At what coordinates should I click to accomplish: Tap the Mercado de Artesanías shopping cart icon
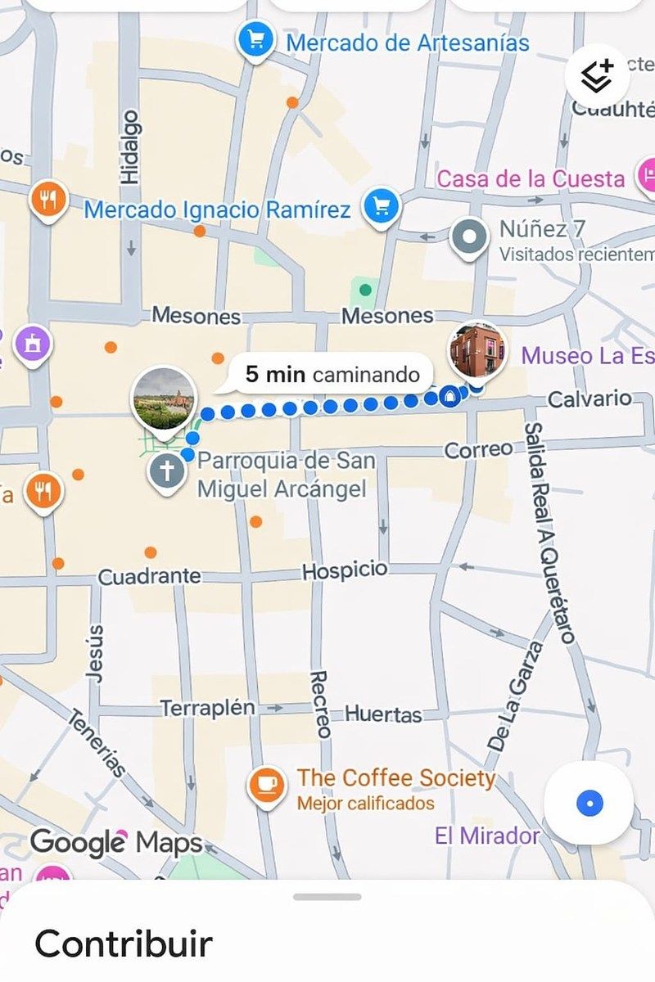pyautogui.click(x=255, y=39)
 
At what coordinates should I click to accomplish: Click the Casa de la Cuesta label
pyautogui.click(x=531, y=178)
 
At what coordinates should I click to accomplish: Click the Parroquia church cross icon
pyautogui.click(x=166, y=472)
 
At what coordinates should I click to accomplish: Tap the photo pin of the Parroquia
pyautogui.click(x=164, y=399)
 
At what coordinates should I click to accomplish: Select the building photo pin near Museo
pyautogui.click(x=477, y=350)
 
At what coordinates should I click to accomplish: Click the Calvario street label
pyautogui.click(x=589, y=399)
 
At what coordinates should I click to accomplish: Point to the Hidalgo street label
pyautogui.click(x=130, y=147)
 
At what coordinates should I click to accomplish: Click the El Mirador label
pyautogui.click(x=487, y=836)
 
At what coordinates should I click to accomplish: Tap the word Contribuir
pyautogui.click(x=123, y=943)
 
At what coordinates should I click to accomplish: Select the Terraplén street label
pyautogui.click(x=207, y=708)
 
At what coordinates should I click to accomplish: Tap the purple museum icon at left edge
pyautogui.click(x=33, y=344)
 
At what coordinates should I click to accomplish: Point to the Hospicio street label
pyautogui.click(x=345, y=570)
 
